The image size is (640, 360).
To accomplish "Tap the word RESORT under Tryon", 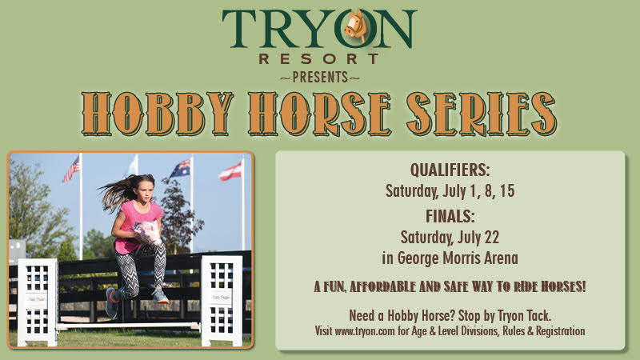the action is (x=319, y=58).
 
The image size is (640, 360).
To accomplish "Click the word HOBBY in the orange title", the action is (x=158, y=114).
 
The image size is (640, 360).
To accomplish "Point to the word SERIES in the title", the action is (x=482, y=114).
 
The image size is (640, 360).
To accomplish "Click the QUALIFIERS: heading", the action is (x=450, y=170).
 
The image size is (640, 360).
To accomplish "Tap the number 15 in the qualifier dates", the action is (x=507, y=191).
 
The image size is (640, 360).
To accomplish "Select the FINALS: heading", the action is (x=450, y=216).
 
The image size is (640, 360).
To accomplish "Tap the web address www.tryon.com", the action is (x=365, y=331).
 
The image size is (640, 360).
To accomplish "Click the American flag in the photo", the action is (x=71, y=170).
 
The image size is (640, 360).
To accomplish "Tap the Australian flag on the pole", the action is (x=180, y=169).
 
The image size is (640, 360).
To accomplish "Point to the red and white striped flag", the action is (x=231, y=171).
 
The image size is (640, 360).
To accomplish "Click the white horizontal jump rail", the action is (x=129, y=326).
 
